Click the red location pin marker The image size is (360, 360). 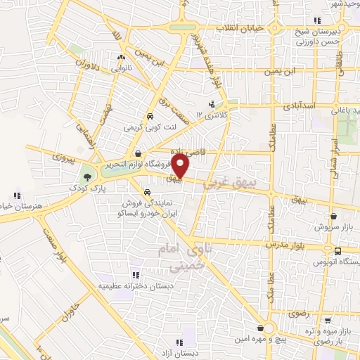(181, 167)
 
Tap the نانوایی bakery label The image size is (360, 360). (123, 68)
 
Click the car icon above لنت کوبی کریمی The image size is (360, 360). (150, 117)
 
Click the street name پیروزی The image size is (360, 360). (54, 157)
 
